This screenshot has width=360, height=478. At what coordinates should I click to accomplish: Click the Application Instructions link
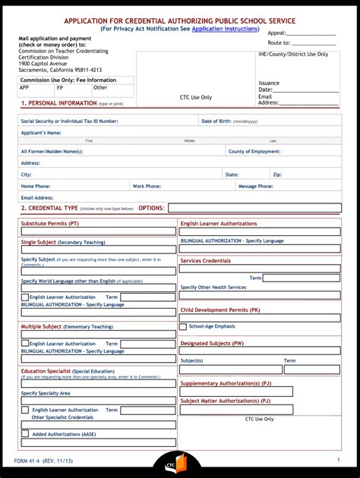[225, 28]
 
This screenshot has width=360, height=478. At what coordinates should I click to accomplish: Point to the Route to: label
[279, 43]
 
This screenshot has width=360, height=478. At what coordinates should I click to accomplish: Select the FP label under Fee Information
[60, 87]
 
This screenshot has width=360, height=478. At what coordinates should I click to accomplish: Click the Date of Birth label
[229, 121]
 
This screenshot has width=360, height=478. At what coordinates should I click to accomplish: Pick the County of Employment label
[254, 152]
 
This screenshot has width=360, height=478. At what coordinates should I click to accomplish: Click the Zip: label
[277, 175]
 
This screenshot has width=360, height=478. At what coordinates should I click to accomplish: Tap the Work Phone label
[147, 186]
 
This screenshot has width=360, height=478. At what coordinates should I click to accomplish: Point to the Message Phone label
[256, 186]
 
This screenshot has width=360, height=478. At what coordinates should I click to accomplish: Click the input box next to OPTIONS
[254, 208]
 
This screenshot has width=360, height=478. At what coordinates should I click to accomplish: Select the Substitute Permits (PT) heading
[49, 224]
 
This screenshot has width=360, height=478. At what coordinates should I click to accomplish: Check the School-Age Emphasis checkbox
[183, 326]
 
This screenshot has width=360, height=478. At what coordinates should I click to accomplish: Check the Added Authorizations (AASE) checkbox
[25, 434]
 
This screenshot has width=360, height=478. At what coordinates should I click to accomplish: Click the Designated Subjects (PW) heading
[212, 343]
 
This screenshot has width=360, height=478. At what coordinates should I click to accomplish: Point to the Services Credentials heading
[205, 260]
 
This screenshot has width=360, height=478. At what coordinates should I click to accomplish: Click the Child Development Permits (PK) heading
[220, 310]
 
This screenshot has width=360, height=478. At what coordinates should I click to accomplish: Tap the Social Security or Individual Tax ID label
[69, 121]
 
